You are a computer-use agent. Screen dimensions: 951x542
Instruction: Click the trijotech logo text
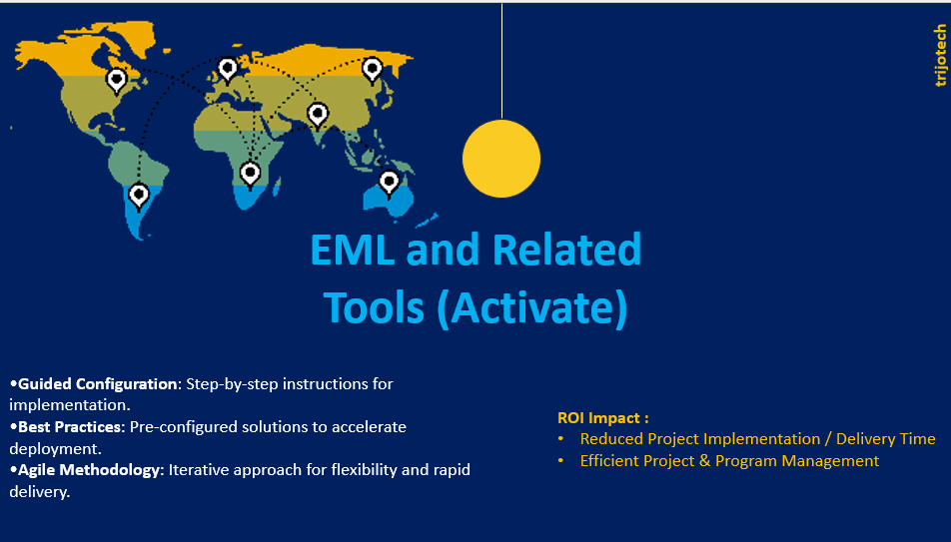pos(940,56)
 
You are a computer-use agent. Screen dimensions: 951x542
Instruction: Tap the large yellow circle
pos(501,159)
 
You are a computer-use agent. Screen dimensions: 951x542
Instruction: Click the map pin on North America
pos(117,81)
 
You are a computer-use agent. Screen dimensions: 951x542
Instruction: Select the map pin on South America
pos(139,196)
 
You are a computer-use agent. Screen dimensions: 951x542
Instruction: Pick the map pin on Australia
pos(390,184)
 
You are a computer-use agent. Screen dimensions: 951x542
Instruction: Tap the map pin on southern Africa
pos(250,174)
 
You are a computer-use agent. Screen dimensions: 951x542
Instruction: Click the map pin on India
pos(318,115)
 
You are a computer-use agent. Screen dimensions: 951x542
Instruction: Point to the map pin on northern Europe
pos(228,69)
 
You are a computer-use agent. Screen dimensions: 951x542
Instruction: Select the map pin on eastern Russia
pos(373,70)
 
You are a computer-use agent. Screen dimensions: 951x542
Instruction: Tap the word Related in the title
pos(566,250)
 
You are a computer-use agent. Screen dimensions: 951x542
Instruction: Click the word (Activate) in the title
pos(532,308)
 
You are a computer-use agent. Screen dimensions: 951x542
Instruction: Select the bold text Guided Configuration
pos(97,384)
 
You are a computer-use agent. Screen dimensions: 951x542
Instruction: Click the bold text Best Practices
pos(70,427)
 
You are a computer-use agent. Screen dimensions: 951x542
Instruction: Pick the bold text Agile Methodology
pos(89,470)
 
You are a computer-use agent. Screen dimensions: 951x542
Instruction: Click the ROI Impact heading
pos(603,417)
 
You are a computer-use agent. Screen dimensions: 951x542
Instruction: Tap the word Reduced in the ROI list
pos(610,439)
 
